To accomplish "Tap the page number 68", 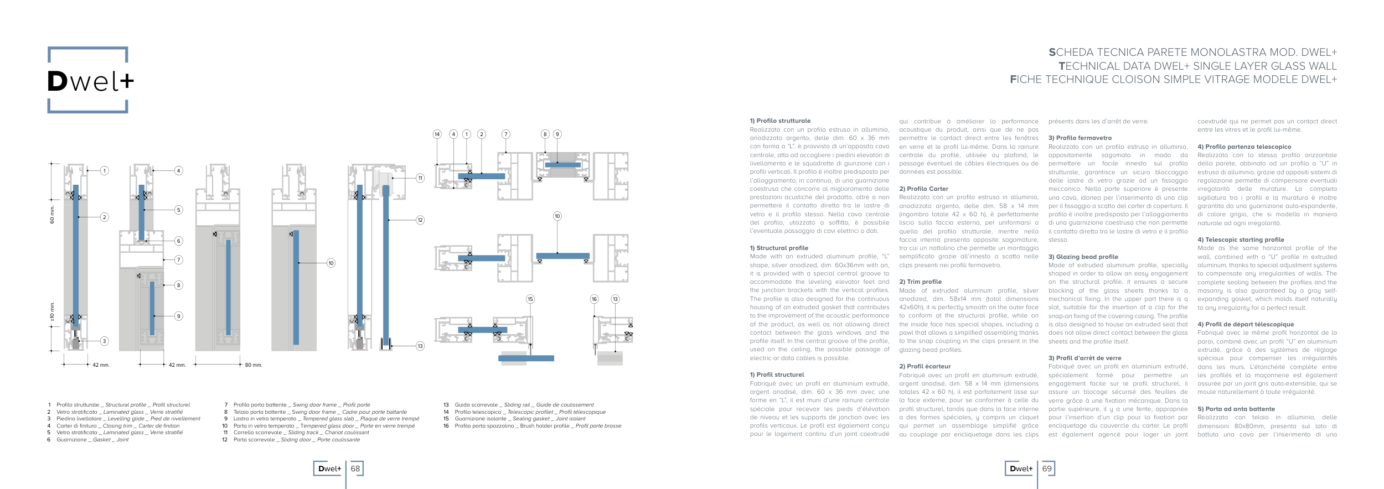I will click(x=355, y=469).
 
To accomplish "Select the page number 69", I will click(x=1047, y=469).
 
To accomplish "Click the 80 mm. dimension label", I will click(x=254, y=365).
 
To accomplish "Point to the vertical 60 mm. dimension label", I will click(x=53, y=215).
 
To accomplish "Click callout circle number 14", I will click(x=437, y=134).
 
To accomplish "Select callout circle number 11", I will click(x=420, y=178).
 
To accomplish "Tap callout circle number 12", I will click(x=420, y=220).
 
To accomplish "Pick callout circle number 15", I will click(x=530, y=299).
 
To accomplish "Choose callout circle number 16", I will click(x=594, y=299).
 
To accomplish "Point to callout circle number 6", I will click(x=178, y=241).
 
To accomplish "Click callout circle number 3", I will click(x=104, y=341).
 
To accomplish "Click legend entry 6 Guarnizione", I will click(x=92, y=440).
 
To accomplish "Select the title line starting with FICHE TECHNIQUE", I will click(x=1173, y=80).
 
